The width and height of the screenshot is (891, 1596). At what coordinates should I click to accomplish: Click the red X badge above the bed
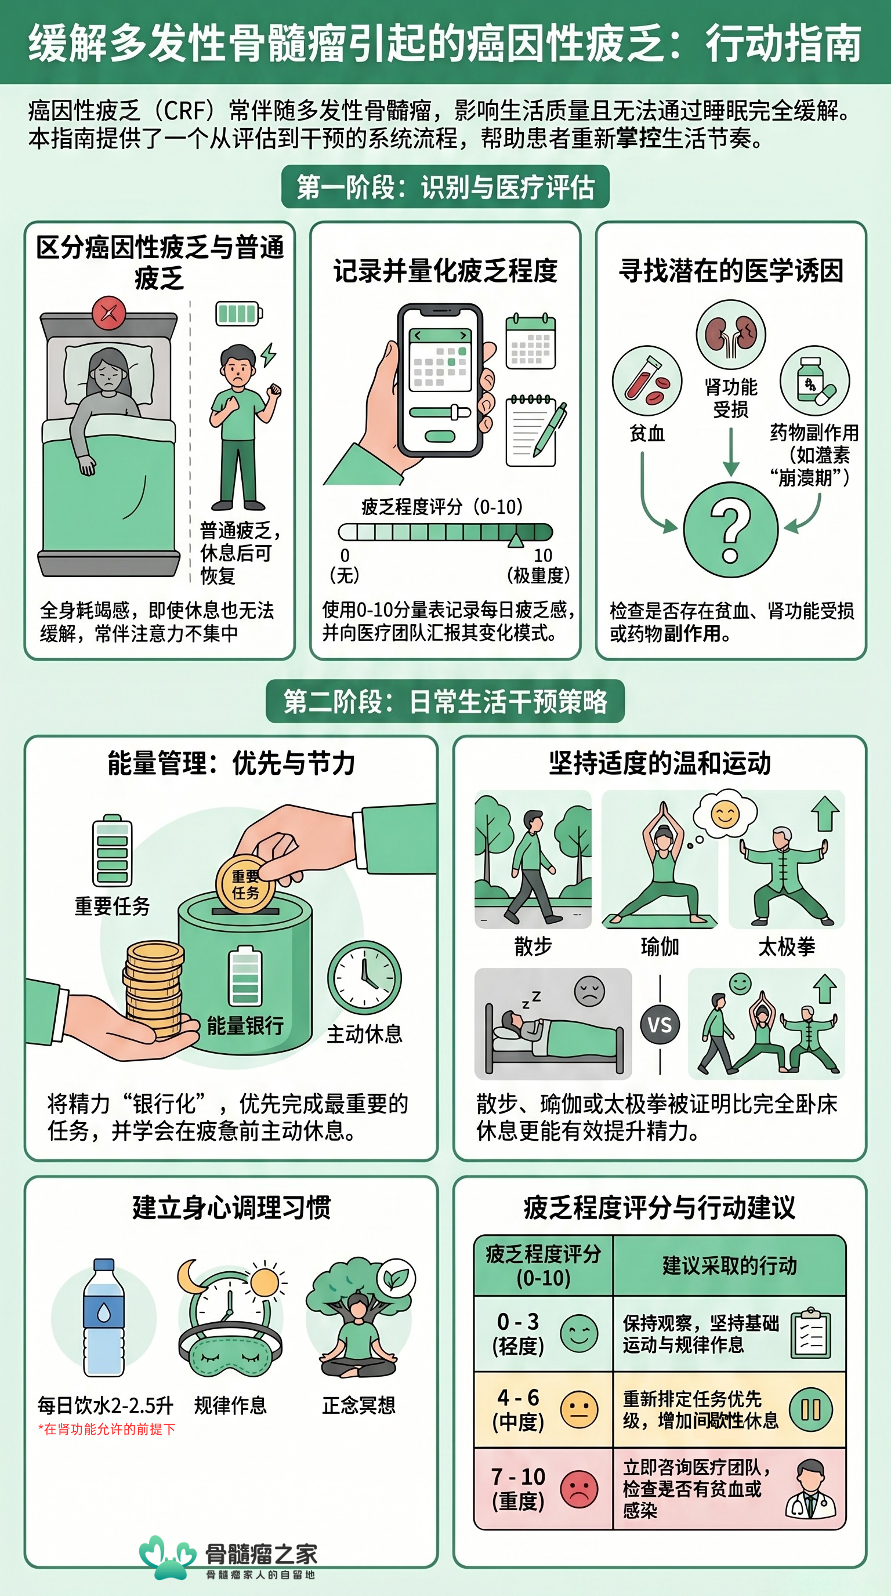point(108,313)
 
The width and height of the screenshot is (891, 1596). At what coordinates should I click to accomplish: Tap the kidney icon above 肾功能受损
point(730,335)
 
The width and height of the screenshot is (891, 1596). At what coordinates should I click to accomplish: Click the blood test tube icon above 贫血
point(647,380)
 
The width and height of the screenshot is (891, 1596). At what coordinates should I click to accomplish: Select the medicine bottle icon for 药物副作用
point(814,380)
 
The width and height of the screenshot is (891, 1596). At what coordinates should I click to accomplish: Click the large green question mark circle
point(730,529)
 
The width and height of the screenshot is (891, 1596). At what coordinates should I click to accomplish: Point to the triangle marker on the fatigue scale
point(516,541)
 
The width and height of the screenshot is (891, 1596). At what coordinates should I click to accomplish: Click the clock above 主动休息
point(364,978)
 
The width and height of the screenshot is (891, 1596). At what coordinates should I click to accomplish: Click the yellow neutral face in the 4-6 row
point(579,1409)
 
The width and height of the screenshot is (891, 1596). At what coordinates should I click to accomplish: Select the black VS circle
point(660,1025)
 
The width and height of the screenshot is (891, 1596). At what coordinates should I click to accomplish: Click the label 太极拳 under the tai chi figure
point(786,946)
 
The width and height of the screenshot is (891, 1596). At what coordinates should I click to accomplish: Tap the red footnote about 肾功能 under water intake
point(107,1429)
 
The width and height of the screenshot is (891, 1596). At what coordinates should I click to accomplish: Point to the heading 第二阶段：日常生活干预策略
point(445,701)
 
